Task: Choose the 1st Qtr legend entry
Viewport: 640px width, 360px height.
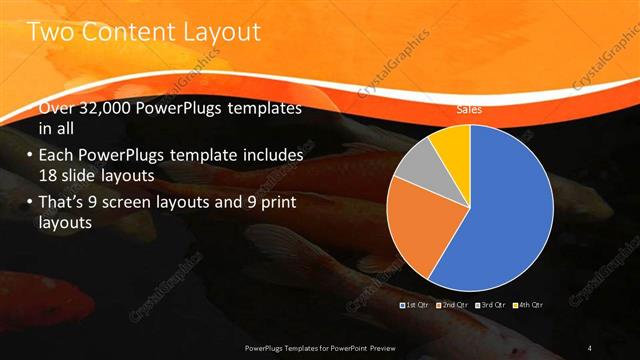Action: [x=415, y=304]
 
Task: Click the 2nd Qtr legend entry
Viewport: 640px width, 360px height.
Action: [x=452, y=304]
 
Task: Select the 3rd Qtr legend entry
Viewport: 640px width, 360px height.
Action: [x=490, y=304]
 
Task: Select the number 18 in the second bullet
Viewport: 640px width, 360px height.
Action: [x=50, y=174]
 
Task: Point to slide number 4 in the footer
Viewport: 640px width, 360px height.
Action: [x=590, y=347]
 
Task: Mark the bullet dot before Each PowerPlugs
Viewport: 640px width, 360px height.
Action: [x=30, y=156]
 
